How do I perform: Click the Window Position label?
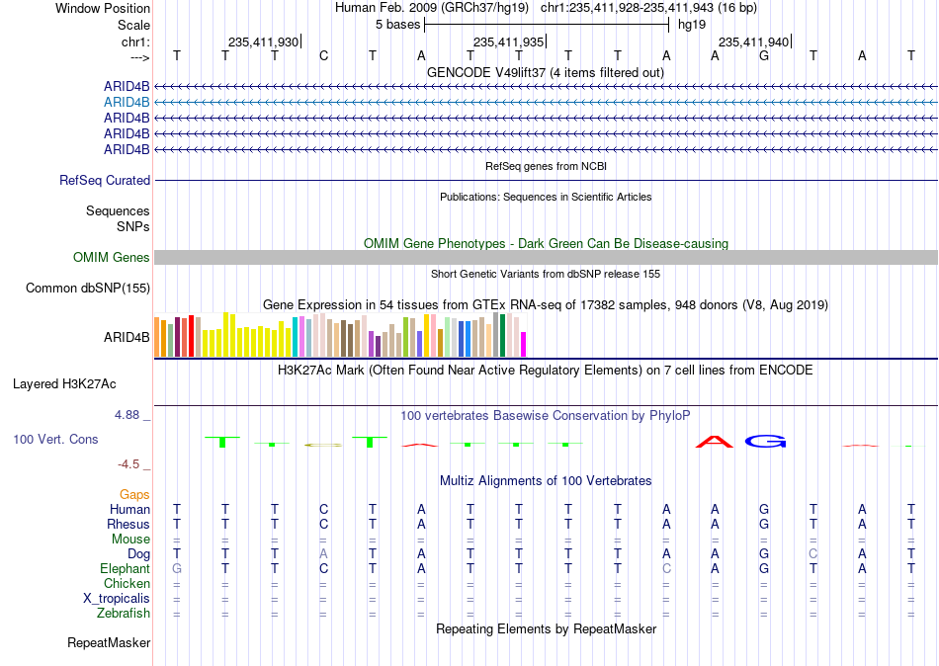[x=103, y=8]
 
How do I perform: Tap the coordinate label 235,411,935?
[x=508, y=42]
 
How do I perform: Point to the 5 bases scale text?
[x=397, y=25]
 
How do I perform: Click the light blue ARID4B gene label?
[x=127, y=103]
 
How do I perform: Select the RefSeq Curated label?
[x=105, y=180]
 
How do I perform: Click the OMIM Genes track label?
[x=112, y=258]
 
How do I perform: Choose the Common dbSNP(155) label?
[x=88, y=289]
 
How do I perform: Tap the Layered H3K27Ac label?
[x=64, y=384]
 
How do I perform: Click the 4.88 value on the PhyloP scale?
[x=127, y=414]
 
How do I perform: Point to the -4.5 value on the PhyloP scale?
[x=128, y=464]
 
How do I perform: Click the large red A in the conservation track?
[x=715, y=442]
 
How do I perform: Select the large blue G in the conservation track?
[x=765, y=442]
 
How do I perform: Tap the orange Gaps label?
[x=134, y=495]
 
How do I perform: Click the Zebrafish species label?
[x=124, y=614]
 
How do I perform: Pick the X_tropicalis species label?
[x=117, y=599]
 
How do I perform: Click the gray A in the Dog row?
[x=323, y=554]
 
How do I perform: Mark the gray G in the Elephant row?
[x=177, y=568]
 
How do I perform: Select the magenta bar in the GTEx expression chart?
[x=523, y=345]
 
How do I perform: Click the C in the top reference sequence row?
[x=323, y=55]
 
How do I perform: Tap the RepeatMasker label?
[x=109, y=642]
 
